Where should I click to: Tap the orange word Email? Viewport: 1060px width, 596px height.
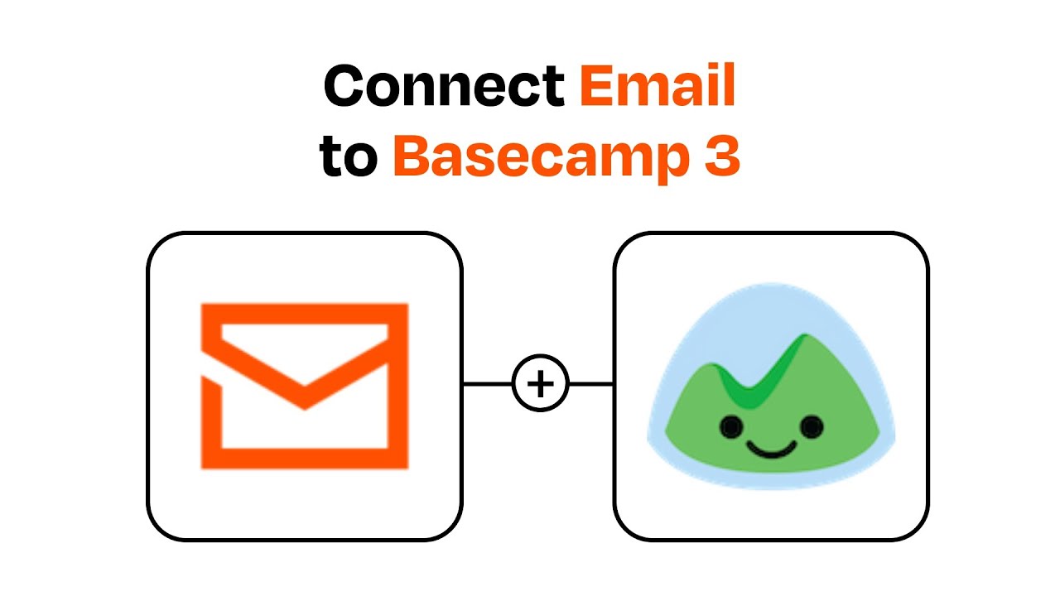pyautogui.click(x=657, y=85)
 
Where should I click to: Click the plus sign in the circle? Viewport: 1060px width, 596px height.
pyautogui.click(x=541, y=384)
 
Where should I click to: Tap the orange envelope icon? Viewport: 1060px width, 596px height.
pyautogui.click(x=305, y=386)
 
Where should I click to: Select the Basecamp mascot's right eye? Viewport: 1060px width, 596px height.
pyautogui.click(x=812, y=426)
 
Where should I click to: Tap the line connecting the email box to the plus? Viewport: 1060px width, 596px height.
pyautogui.click(x=487, y=384)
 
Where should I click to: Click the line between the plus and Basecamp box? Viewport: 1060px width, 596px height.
pyautogui.click(x=591, y=384)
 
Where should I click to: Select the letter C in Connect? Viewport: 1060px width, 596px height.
pyautogui.click(x=344, y=87)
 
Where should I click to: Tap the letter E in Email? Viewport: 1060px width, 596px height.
pyautogui.click(x=595, y=85)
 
